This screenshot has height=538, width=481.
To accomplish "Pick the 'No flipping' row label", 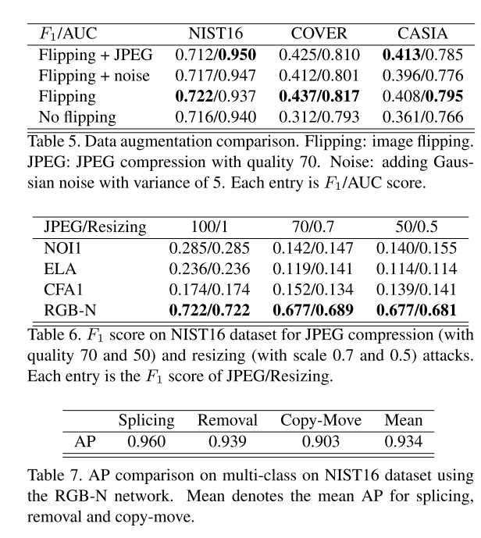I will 78,118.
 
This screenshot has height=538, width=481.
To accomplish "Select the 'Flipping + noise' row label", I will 94,77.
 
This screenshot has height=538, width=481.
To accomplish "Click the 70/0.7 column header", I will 313,227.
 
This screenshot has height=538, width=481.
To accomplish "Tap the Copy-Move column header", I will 321,420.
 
